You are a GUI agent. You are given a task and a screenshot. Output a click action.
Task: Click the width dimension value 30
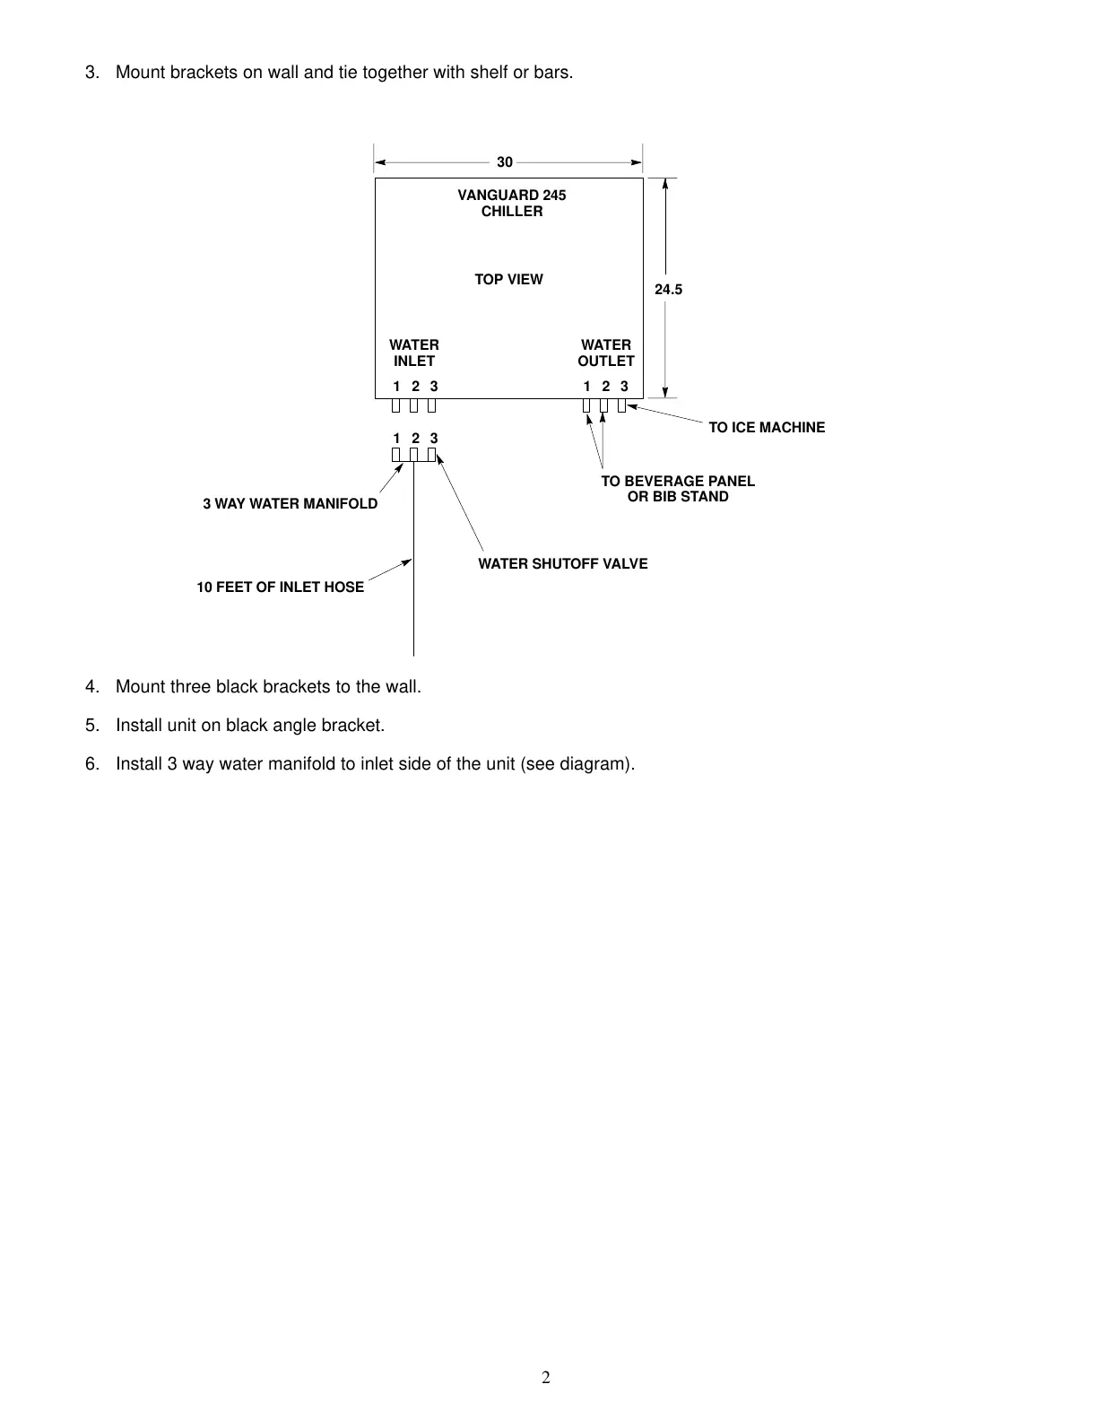click(505, 162)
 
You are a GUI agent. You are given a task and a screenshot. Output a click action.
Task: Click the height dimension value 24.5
click(668, 290)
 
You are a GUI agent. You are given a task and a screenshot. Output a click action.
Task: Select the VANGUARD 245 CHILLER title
click(512, 203)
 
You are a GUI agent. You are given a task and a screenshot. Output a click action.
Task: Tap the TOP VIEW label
click(508, 280)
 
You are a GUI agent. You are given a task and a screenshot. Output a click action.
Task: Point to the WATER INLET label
click(414, 353)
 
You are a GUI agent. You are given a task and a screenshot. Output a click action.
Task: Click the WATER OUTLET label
click(606, 353)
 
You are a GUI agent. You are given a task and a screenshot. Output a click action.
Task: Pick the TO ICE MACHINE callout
click(767, 428)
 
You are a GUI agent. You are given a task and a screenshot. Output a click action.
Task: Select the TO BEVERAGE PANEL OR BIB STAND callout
click(678, 489)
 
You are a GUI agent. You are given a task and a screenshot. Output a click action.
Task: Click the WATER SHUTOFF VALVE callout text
click(562, 564)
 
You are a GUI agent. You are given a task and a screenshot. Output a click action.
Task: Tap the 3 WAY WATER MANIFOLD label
click(290, 504)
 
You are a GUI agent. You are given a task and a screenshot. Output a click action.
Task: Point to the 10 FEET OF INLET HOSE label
click(281, 588)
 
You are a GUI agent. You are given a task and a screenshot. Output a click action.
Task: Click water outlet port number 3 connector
click(621, 405)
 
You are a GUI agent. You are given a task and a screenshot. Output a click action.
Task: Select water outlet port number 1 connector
click(586, 405)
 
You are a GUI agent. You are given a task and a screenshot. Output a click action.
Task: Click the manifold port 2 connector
click(413, 455)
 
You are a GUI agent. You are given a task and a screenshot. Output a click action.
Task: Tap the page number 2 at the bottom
click(546, 1378)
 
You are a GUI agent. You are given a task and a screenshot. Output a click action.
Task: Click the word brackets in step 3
click(205, 73)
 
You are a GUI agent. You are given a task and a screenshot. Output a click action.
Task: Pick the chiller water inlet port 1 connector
click(395, 405)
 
